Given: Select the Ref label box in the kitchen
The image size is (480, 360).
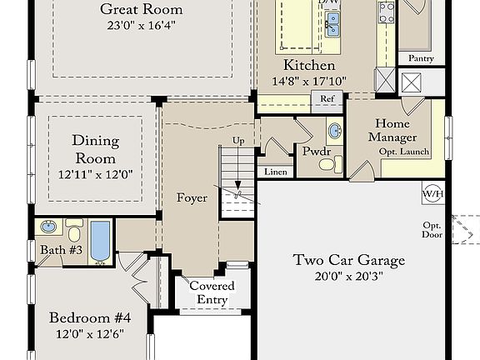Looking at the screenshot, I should point(327,99).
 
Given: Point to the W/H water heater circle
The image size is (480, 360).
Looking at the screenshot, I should point(433,194).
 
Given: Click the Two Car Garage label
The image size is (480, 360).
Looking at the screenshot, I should point(349,260).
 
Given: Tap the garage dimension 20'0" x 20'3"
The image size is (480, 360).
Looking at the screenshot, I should point(349,277).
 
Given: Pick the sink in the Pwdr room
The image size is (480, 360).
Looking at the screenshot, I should point(334,132).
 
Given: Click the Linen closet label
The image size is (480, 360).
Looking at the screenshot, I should point(276,172).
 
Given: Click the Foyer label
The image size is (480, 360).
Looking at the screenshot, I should point(192,198).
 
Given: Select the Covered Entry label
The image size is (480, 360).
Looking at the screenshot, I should point(212,292).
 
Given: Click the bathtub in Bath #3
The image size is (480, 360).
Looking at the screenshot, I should point(100,241).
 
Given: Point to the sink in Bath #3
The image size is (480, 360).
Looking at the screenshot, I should point(49,226).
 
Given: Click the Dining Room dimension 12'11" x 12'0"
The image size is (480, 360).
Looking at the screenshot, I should point(95,176).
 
